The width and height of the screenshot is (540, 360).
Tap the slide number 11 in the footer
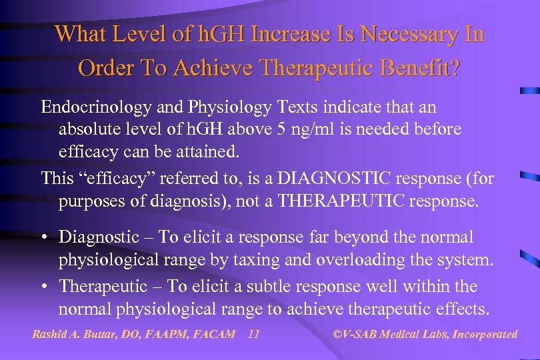[x=253, y=334]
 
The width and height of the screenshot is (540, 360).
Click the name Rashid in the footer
[x=50, y=334]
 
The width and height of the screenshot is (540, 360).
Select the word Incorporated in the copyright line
[x=485, y=334]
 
